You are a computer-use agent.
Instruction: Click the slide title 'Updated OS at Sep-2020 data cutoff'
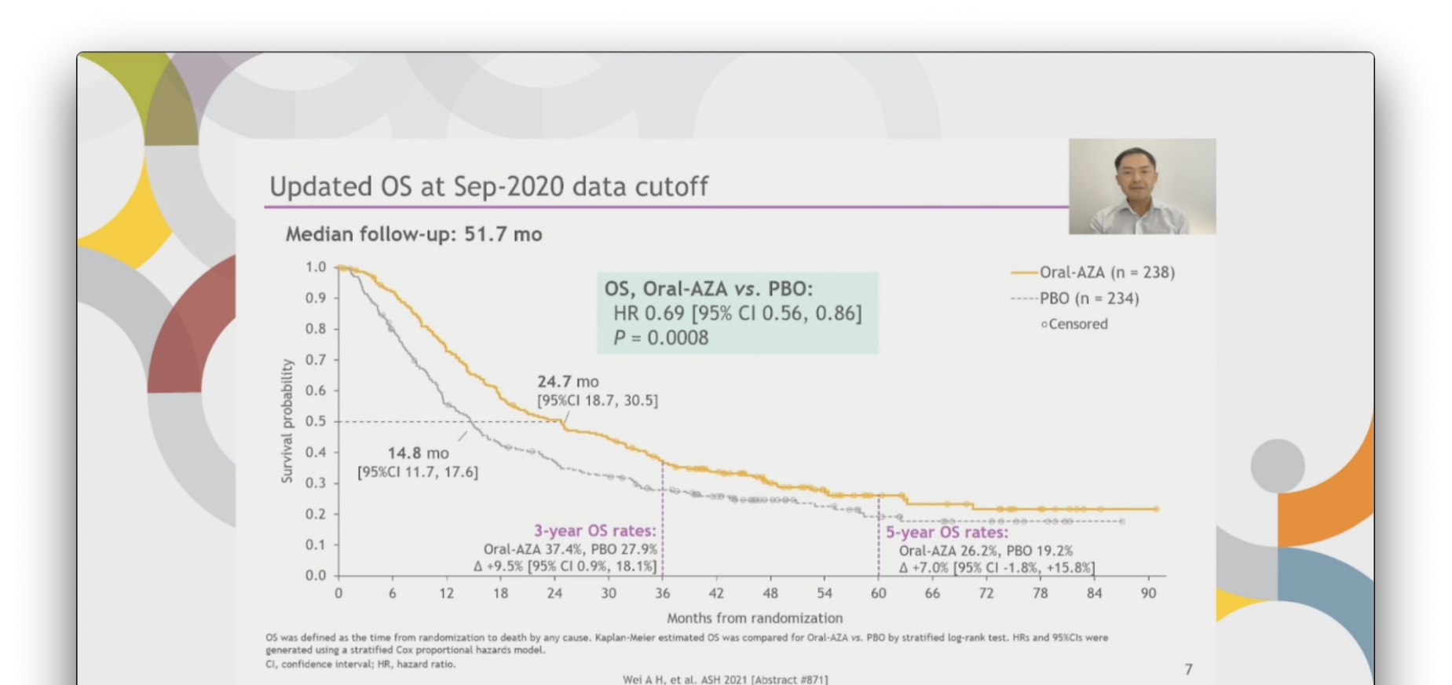[x=488, y=186]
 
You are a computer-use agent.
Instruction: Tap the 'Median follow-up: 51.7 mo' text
[x=414, y=234]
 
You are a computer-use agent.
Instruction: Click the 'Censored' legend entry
[x=1077, y=324]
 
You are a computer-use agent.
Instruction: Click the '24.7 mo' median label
[x=567, y=382]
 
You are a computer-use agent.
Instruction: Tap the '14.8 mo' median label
[x=418, y=453]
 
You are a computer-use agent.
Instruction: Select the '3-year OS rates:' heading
[x=594, y=531]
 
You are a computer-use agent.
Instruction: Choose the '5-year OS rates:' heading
[x=947, y=533]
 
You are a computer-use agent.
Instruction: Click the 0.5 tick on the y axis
[x=316, y=422]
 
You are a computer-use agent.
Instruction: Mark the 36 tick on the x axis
[x=663, y=594]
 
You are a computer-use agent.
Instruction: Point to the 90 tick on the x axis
[x=1148, y=594]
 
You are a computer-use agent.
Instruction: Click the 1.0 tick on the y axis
[x=316, y=267]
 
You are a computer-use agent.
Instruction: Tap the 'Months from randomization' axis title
[x=754, y=618]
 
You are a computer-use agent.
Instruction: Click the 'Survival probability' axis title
[x=287, y=420]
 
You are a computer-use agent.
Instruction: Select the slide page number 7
[x=1188, y=669]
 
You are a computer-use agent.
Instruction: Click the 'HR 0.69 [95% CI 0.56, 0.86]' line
[x=737, y=313]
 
